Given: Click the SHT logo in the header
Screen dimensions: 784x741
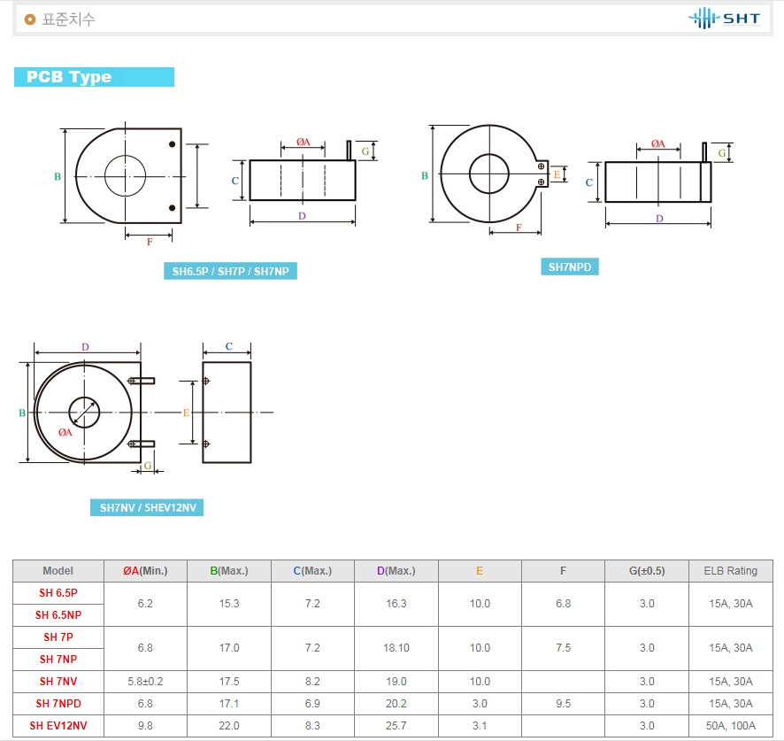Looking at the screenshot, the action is click(x=724, y=19).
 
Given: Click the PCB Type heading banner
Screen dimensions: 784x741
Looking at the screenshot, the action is click(x=94, y=77).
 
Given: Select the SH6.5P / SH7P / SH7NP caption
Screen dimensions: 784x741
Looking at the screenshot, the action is click(x=230, y=271).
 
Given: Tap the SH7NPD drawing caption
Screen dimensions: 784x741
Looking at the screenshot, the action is click(x=570, y=266).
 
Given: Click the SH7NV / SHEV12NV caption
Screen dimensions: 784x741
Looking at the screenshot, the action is click(x=147, y=507).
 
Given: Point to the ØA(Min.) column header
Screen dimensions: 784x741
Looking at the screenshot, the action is click(x=145, y=571).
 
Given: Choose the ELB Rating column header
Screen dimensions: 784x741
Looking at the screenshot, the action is click(x=731, y=571).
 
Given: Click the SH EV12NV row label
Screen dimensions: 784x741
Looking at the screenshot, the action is click(x=58, y=725).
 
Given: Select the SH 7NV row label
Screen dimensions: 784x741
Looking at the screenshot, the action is click(x=58, y=682).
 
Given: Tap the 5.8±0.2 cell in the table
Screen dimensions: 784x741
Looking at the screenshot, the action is click(x=145, y=682).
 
